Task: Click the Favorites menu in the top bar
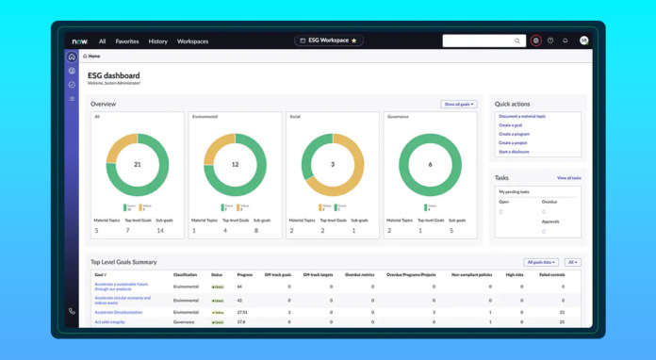tap(126, 41)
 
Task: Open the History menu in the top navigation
tap(157, 41)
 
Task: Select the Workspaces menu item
tap(192, 41)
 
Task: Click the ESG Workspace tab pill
tap(328, 41)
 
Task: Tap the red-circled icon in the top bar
tap(535, 41)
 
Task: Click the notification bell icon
tap(566, 41)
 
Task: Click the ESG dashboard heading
tap(114, 75)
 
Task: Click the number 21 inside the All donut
tap(138, 164)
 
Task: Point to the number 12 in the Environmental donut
tap(235, 164)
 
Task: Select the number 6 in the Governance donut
tap(430, 164)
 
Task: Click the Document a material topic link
tap(522, 117)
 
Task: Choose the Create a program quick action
tap(514, 134)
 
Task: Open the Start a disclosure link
tap(514, 152)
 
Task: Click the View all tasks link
tap(568, 178)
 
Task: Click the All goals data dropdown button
tap(540, 262)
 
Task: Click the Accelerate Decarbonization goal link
tap(119, 312)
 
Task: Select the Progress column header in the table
tap(244, 275)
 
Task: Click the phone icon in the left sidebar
tap(72, 311)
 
